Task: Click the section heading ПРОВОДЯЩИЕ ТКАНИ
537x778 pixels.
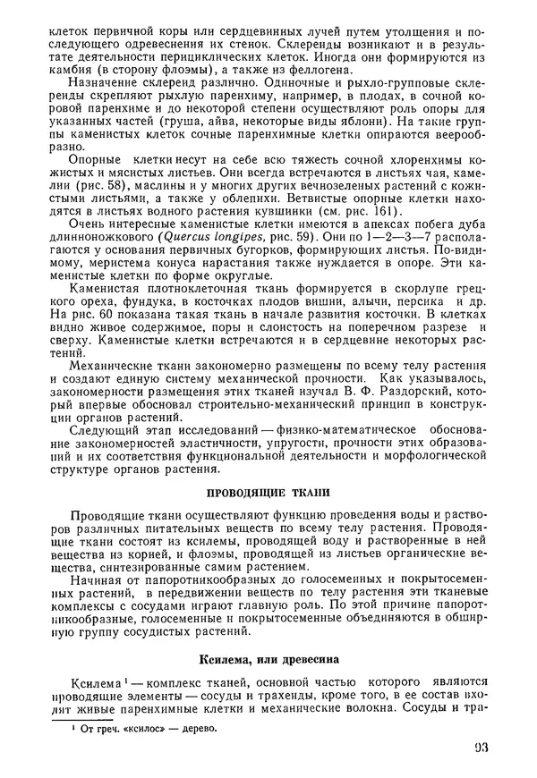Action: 268,492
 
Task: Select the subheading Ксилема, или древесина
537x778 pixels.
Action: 268,661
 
